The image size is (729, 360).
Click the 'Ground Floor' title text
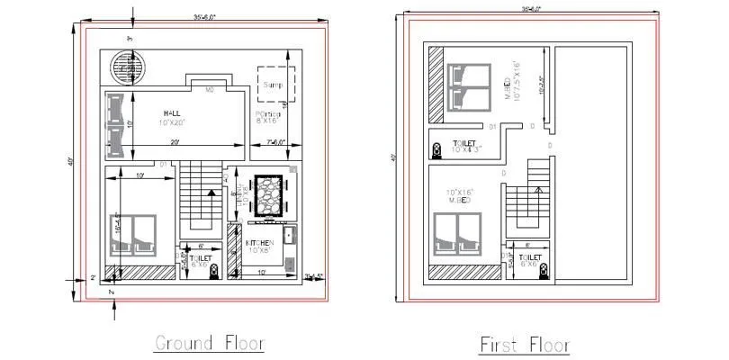click(209, 342)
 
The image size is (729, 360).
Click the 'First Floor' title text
click(525, 343)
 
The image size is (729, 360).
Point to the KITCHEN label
click(261, 243)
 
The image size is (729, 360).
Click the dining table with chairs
click(269, 194)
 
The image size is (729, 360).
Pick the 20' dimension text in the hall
click(176, 142)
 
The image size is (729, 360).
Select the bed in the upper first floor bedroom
click(468, 85)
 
